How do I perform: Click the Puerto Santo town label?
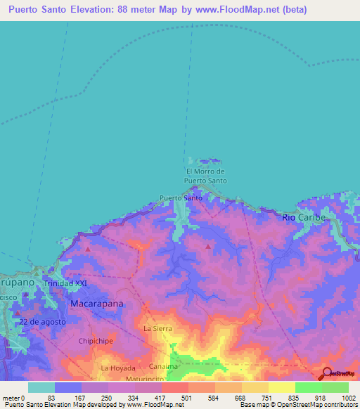181,198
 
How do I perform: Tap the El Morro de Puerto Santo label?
205,176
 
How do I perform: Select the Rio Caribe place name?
304,218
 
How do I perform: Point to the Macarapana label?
97,304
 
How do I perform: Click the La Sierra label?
157,328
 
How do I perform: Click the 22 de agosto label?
43,322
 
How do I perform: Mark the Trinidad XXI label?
72,283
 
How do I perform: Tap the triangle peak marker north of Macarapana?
87,249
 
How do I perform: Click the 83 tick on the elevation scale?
51,397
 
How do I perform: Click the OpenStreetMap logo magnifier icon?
326,373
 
